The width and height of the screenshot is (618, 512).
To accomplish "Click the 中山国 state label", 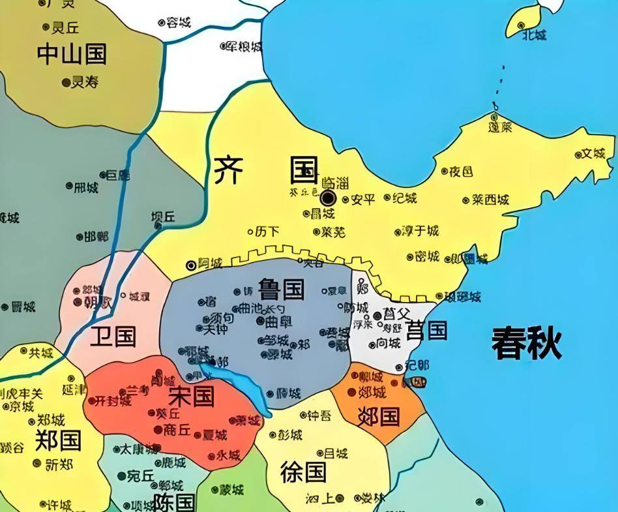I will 72,54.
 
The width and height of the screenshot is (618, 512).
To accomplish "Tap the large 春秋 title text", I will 527,343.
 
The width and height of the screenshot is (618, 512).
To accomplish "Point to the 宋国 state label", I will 192,395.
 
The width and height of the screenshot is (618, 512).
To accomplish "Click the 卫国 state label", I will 113,337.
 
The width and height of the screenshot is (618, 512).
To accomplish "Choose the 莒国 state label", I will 426,331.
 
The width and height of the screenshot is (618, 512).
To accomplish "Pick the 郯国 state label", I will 379,415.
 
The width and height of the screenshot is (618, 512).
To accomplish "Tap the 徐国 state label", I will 303,471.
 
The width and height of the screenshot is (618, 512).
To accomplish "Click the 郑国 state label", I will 58,440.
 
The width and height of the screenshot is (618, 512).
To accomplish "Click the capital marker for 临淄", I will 328,198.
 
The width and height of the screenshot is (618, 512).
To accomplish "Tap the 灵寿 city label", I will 84,82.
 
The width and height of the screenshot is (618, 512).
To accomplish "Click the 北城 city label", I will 534,35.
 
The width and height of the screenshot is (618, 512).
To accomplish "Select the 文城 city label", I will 593,154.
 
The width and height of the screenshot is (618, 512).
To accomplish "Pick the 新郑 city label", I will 60,464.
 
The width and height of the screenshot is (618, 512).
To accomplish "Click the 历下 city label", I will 267,231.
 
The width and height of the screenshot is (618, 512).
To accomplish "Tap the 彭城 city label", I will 290,435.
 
